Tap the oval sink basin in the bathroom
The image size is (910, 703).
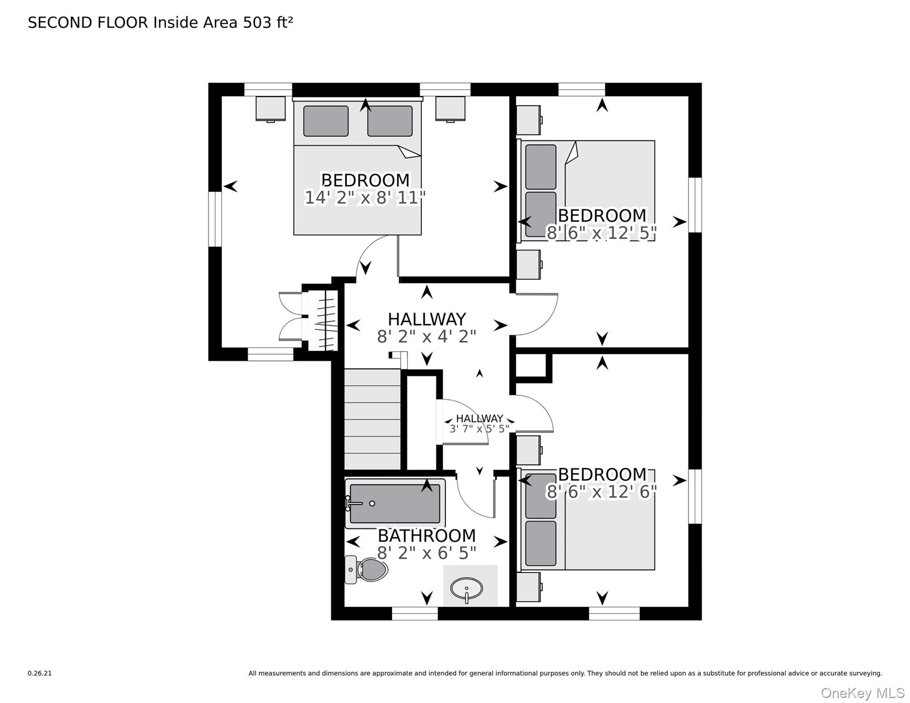pyautogui.click(x=466, y=589)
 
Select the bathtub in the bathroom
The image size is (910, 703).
pyautogui.click(x=395, y=503)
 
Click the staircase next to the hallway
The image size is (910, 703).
pyautogui.click(x=373, y=419)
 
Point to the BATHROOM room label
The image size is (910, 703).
pyautogui.click(x=427, y=535)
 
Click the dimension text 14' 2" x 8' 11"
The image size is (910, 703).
pyautogui.click(x=365, y=198)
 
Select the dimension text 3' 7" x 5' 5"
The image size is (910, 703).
pyautogui.click(x=479, y=429)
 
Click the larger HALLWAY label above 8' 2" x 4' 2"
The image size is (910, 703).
pyautogui.click(x=427, y=319)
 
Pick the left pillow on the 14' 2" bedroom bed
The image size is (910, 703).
pyautogui.click(x=326, y=121)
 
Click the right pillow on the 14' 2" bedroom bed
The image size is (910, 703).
pyautogui.click(x=390, y=121)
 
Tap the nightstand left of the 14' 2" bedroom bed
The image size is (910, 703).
pyautogui.click(x=271, y=109)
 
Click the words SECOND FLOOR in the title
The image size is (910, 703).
pyautogui.click(x=88, y=23)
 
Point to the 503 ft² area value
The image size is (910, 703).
pyautogui.click(x=268, y=22)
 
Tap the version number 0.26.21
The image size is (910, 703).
pyautogui.click(x=40, y=673)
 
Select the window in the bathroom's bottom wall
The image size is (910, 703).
pyautogui.click(x=415, y=614)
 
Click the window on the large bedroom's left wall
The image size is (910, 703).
pyautogui.click(x=215, y=219)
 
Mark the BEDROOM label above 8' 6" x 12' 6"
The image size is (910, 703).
pyautogui.click(x=602, y=474)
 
